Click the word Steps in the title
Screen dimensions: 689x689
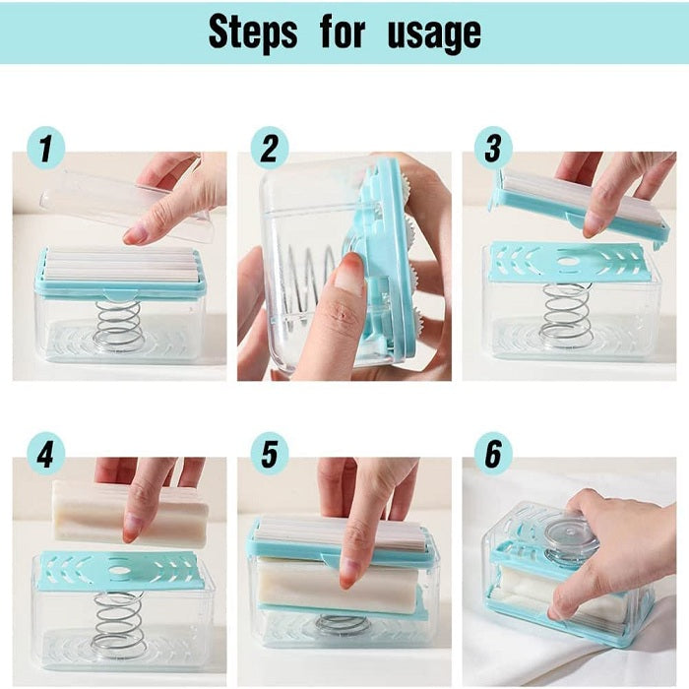[x=253, y=32]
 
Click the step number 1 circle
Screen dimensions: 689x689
[x=45, y=148]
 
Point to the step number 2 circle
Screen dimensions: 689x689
[x=270, y=148]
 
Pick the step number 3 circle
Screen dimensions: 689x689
[x=493, y=148]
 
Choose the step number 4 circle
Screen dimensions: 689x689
[x=45, y=454]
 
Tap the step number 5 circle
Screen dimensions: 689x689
[x=270, y=454]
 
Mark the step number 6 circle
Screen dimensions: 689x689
[x=493, y=454]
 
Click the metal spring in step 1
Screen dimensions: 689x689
[x=119, y=325]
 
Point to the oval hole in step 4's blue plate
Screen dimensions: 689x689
[x=119, y=570]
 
